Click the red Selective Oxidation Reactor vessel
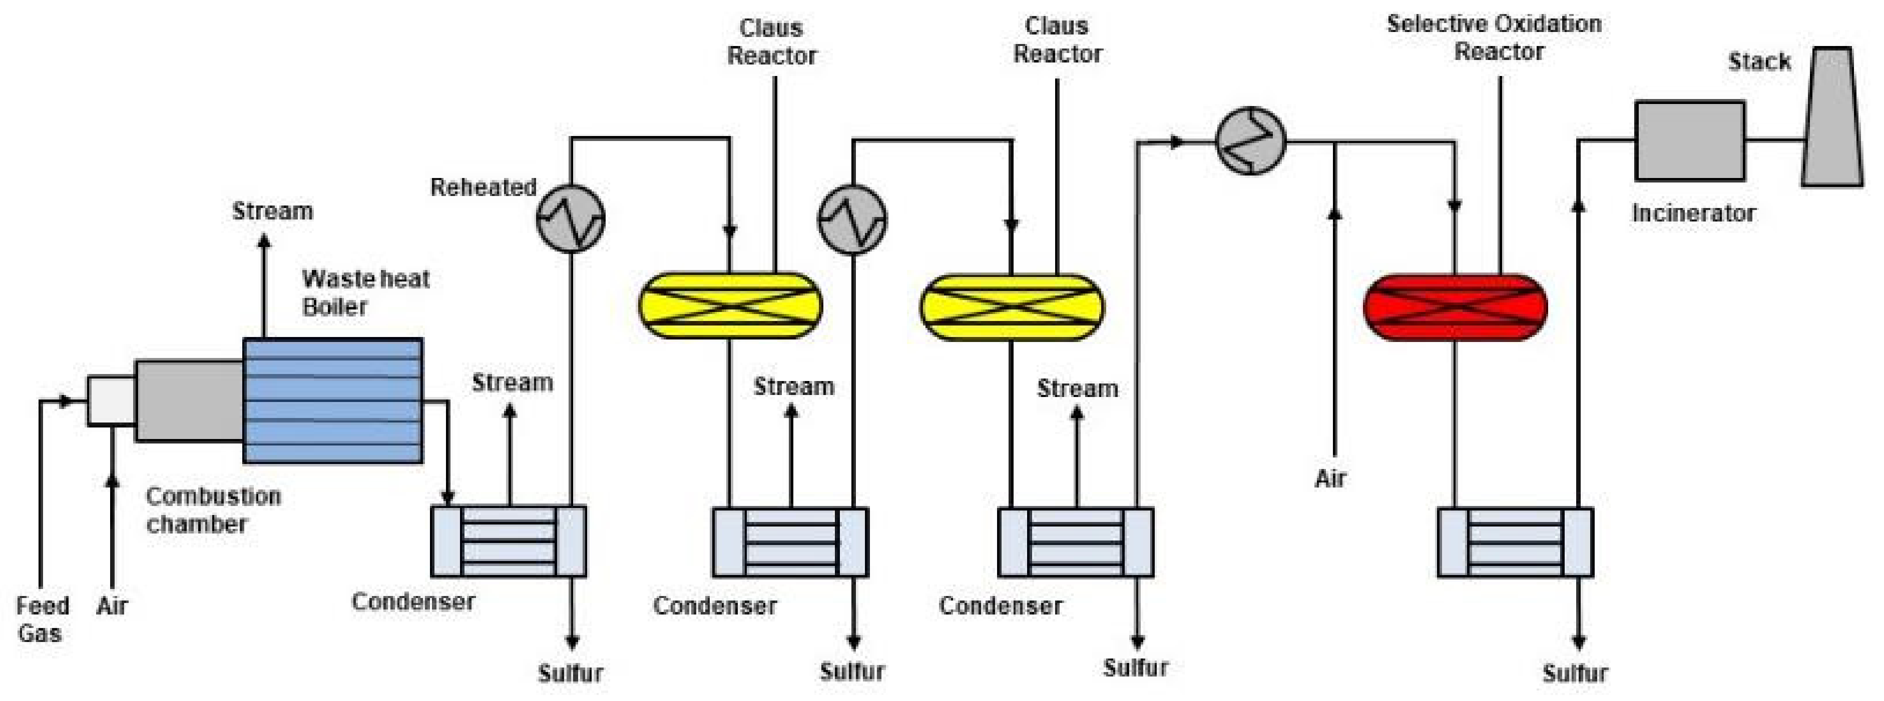coord(1456,307)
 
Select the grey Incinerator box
coord(1689,140)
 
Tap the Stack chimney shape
coord(1831,117)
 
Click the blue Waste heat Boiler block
coord(333,400)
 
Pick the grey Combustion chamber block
coord(189,400)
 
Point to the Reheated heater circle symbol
coord(571,218)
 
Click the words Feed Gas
coord(42,619)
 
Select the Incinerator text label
coord(1693,213)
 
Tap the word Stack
coord(1759,61)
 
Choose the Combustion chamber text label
coord(212,510)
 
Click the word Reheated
coord(483,187)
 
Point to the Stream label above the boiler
coord(272,211)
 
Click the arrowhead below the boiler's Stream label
coord(265,240)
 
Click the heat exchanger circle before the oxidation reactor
coord(1251,141)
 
